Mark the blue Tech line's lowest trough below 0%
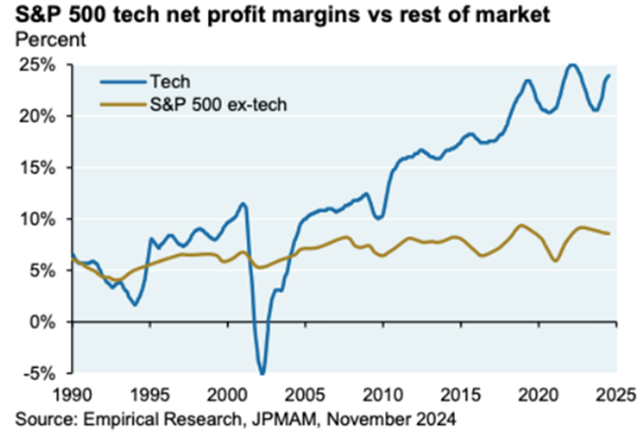pyautogui.click(x=262, y=373)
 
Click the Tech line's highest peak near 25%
pyautogui.click(x=571, y=65)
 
